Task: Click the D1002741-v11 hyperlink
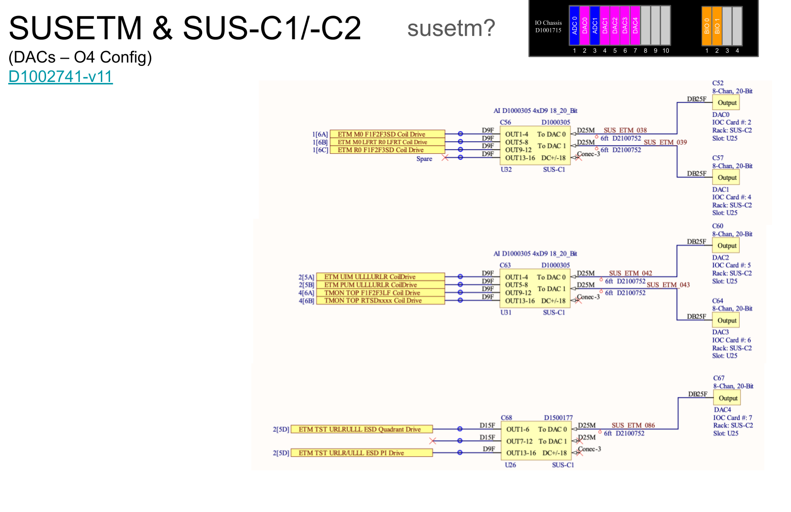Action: (61, 77)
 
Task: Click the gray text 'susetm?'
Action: (451, 28)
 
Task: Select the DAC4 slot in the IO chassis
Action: (635, 26)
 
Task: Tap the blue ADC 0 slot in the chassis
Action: (574, 26)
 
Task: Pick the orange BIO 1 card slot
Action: (717, 26)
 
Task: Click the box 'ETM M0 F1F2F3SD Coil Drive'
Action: (387, 134)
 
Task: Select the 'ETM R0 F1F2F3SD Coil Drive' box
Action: (387, 150)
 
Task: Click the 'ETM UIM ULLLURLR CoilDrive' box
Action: (380, 277)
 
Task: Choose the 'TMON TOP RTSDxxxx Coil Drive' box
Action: (380, 301)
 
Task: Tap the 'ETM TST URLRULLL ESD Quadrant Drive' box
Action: (361, 429)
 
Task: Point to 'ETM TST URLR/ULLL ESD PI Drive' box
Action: (361, 453)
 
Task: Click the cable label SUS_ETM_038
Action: (625, 130)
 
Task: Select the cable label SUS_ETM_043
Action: (668, 285)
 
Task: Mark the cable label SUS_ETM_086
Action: (633, 425)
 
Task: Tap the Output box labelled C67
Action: (728, 398)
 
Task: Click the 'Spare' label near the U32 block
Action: (424, 159)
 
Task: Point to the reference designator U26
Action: (510, 465)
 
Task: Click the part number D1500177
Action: (558, 417)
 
